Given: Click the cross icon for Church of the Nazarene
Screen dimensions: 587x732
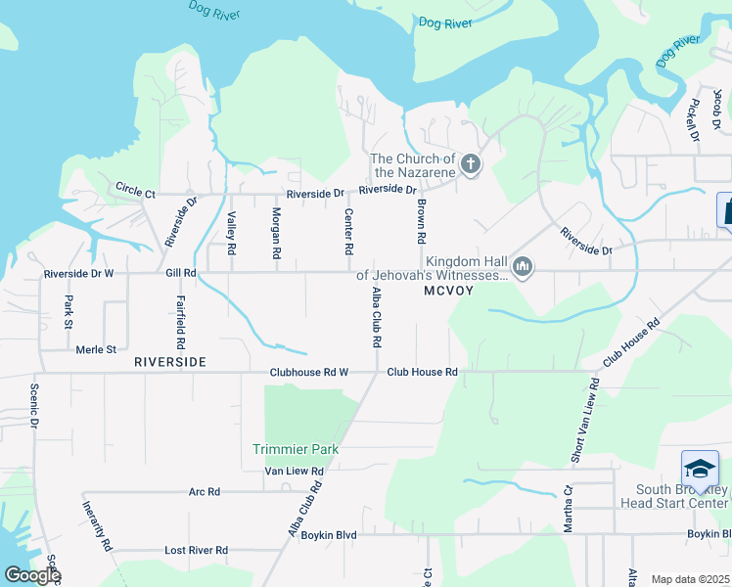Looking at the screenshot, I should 471,163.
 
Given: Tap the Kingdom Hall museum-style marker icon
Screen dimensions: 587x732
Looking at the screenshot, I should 523,266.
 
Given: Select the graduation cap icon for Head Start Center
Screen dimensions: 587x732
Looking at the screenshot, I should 701,468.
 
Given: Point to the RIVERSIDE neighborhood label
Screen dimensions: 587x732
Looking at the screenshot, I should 170,362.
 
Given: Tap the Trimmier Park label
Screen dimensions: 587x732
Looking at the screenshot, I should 296,449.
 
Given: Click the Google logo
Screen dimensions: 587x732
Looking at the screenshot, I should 32,575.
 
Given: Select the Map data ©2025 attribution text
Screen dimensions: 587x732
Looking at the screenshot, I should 690,579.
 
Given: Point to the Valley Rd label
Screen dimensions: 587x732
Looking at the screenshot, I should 232,234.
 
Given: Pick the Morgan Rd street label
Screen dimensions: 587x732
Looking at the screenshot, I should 277,234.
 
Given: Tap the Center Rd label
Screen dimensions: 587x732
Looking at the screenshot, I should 347,233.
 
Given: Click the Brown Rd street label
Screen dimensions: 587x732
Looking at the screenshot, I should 421,222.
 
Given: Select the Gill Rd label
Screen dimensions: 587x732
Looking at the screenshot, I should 181,274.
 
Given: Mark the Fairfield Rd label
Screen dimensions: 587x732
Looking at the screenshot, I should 181,323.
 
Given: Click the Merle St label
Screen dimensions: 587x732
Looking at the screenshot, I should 96,349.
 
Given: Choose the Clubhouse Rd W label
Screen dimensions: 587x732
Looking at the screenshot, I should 309,372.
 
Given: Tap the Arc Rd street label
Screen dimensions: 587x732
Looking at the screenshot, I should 205,492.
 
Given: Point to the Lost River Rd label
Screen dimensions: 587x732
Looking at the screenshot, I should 196,551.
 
